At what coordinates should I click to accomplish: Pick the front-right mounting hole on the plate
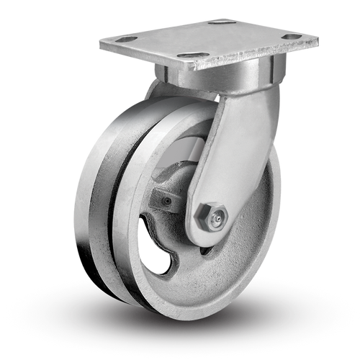[292, 36]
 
